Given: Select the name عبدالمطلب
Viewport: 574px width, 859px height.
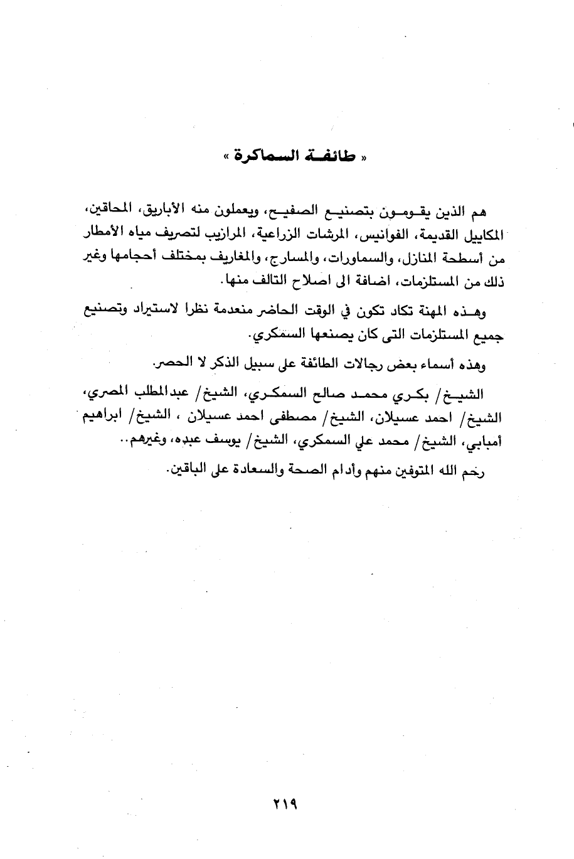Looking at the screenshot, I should tap(131, 395).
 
